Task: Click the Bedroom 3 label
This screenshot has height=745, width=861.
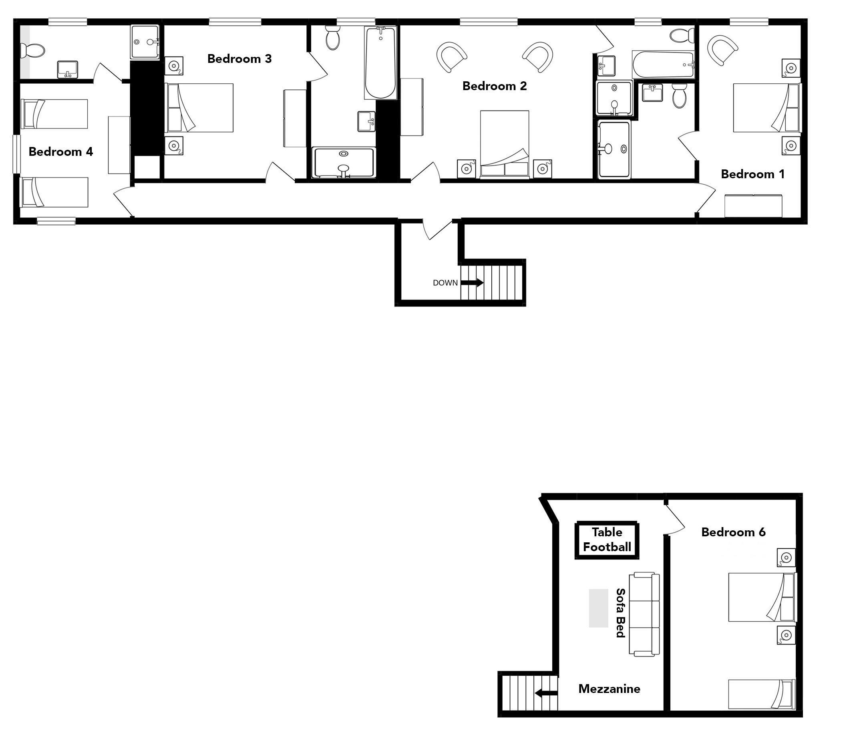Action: (x=239, y=58)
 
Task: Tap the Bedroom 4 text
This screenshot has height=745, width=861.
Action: (x=61, y=152)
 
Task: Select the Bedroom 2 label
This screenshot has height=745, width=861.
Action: (x=495, y=86)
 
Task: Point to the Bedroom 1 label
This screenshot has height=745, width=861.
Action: (x=752, y=174)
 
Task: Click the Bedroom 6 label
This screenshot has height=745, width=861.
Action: (x=733, y=532)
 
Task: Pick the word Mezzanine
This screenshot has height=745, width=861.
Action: (x=609, y=689)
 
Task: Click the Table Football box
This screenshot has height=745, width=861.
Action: (x=607, y=540)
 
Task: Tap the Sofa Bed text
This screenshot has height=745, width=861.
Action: (x=620, y=613)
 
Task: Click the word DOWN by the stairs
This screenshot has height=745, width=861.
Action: (x=445, y=283)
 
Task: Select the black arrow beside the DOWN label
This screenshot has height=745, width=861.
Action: (x=472, y=283)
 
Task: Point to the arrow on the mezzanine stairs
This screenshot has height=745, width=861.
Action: (x=546, y=693)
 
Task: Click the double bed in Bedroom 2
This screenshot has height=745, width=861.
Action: (x=505, y=144)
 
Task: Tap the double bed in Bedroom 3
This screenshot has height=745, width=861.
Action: (x=199, y=108)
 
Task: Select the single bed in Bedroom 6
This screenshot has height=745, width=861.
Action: (x=762, y=694)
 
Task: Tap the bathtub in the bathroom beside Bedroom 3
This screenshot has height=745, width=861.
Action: (x=380, y=63)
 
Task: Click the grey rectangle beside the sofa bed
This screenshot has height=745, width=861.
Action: (x=598, y=608)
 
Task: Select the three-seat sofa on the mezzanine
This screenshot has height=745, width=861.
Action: (x=644, y=614)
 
